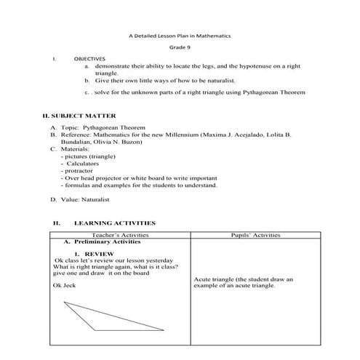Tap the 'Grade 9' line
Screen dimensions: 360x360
(179, 47)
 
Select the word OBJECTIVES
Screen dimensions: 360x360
(89, 57)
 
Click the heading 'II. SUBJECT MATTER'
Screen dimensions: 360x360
(79, 116)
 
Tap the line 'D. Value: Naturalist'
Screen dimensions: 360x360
(79, 198)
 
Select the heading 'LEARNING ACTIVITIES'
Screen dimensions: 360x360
(114, 223)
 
